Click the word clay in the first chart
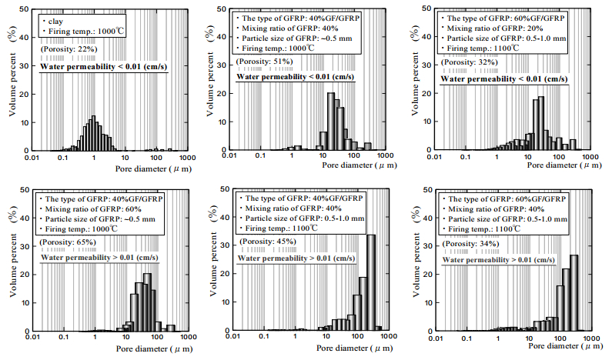point(53,20)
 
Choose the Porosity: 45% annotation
point(262,242)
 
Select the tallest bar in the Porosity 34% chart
point(574,292)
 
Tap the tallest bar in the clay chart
point(93,134)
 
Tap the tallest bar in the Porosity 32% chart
point(541,123)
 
